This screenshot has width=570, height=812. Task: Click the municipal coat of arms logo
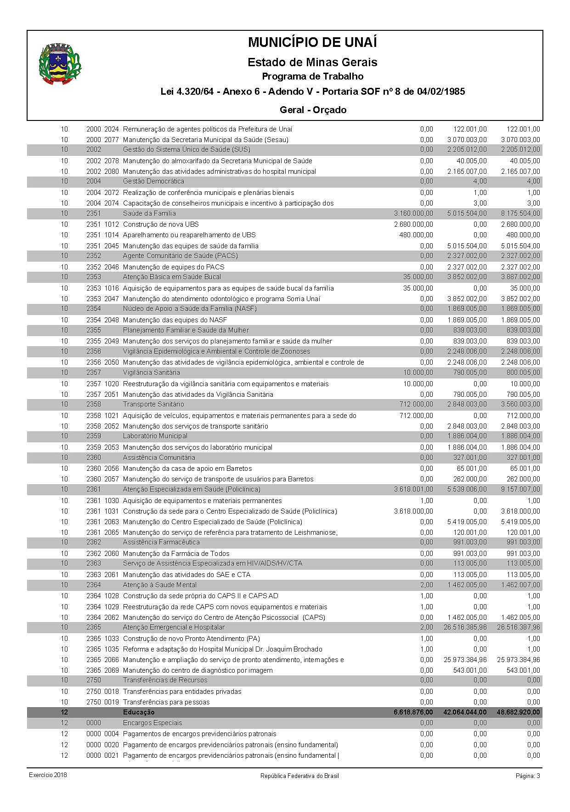[x=60, y=63]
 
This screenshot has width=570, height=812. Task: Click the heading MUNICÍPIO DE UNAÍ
[x=312, y=43]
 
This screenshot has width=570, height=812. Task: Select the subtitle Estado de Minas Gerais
[x=312, y=62]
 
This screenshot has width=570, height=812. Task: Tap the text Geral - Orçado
[x=313, y=110]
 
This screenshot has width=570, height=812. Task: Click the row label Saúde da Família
[x=149, y=213]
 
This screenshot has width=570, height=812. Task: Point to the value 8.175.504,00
[x=520, y=213]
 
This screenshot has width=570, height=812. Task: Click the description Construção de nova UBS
[x=161, y=224]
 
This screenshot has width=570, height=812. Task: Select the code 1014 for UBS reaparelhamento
[x=111, y=235]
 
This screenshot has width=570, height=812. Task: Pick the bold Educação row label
[x=139, y=712]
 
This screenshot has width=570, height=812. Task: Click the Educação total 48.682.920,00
[x=518, y=712]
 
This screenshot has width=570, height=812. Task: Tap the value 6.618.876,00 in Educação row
[x=413, y=712]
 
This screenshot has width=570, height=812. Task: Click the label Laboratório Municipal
[x=155, y=436]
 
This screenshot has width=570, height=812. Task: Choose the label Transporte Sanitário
[x=153, y=404]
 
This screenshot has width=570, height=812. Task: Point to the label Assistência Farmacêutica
[x=161, y=542]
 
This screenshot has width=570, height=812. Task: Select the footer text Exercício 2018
[x=48, y=775]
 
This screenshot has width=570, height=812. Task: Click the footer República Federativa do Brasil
[x=299, y=776]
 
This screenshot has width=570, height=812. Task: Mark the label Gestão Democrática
[x=153, y=181]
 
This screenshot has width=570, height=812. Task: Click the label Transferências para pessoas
[x=166, y=702]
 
